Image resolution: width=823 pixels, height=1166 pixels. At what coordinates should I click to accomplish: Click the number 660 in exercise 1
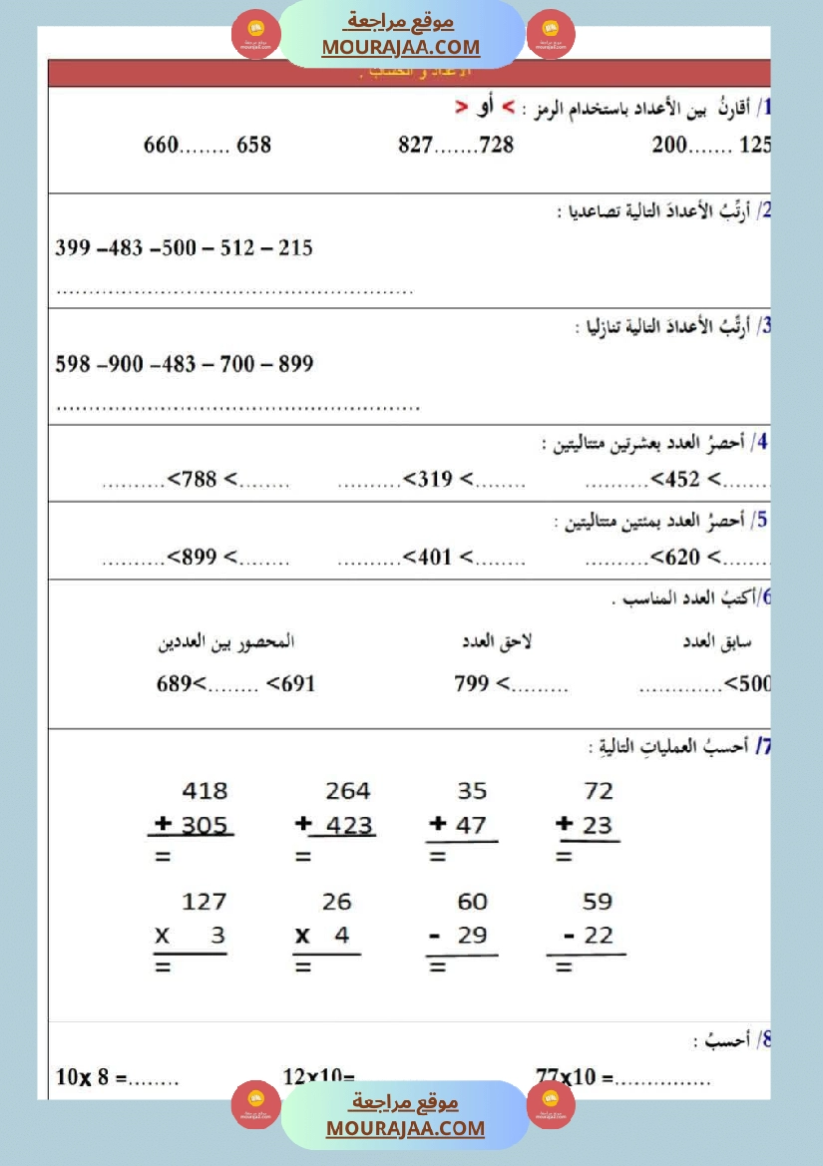point(161,145)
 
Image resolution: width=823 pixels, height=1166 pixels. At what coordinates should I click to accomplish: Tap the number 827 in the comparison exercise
point(415,145)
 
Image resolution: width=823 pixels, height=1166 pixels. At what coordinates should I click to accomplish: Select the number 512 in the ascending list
point(237,247)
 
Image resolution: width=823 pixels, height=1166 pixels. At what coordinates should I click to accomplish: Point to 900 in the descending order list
point(126,364)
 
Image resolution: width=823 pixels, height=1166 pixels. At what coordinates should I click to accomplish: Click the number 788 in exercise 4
point(199,480)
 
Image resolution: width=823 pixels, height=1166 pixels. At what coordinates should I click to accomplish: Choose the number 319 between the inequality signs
point(435,480)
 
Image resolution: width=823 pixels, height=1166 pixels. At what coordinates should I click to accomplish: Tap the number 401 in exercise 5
point(435,557)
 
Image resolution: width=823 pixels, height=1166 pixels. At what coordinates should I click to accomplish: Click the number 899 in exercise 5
point(199,557)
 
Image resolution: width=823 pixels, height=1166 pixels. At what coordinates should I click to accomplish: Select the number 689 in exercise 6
point(174,684)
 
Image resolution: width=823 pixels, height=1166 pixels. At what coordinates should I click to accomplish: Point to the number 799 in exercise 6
point(471,684)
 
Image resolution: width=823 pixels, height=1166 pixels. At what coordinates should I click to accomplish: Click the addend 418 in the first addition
point(205,791)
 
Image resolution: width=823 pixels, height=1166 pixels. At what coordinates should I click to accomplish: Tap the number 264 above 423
point(348,791)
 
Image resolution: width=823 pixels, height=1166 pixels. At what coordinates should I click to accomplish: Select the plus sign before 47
point(437,825)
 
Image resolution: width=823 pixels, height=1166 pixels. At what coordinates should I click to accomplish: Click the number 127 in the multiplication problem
point(205,902)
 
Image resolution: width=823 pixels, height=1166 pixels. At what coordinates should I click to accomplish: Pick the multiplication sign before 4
point(302,937)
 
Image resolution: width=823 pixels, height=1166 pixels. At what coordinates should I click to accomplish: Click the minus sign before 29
point(435,937)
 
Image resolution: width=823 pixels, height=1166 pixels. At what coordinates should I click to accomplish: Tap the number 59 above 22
point(597,902)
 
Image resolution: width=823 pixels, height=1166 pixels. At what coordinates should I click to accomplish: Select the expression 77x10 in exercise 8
point(566,1076)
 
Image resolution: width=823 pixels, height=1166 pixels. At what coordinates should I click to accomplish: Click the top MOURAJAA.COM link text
point(401,47)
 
